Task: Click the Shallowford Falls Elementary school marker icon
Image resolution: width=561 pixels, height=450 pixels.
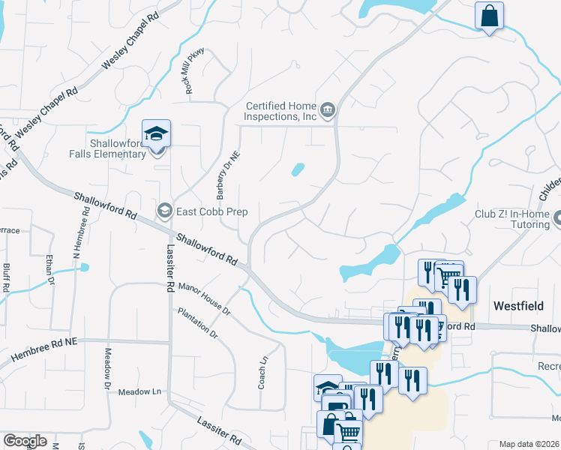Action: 157,134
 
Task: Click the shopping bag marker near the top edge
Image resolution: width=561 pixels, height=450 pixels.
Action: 489,16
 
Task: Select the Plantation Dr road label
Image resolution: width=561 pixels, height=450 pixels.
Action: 196,322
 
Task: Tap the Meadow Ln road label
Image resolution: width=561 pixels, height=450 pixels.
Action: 140,391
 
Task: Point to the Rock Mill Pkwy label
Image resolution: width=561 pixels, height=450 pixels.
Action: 194,71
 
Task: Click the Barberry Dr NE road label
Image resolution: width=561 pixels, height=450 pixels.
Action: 222,176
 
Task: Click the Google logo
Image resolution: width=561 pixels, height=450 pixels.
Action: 25,441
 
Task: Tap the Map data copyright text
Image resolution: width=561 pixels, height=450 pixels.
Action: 529,444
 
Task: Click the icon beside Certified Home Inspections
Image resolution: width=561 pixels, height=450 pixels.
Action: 328,112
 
